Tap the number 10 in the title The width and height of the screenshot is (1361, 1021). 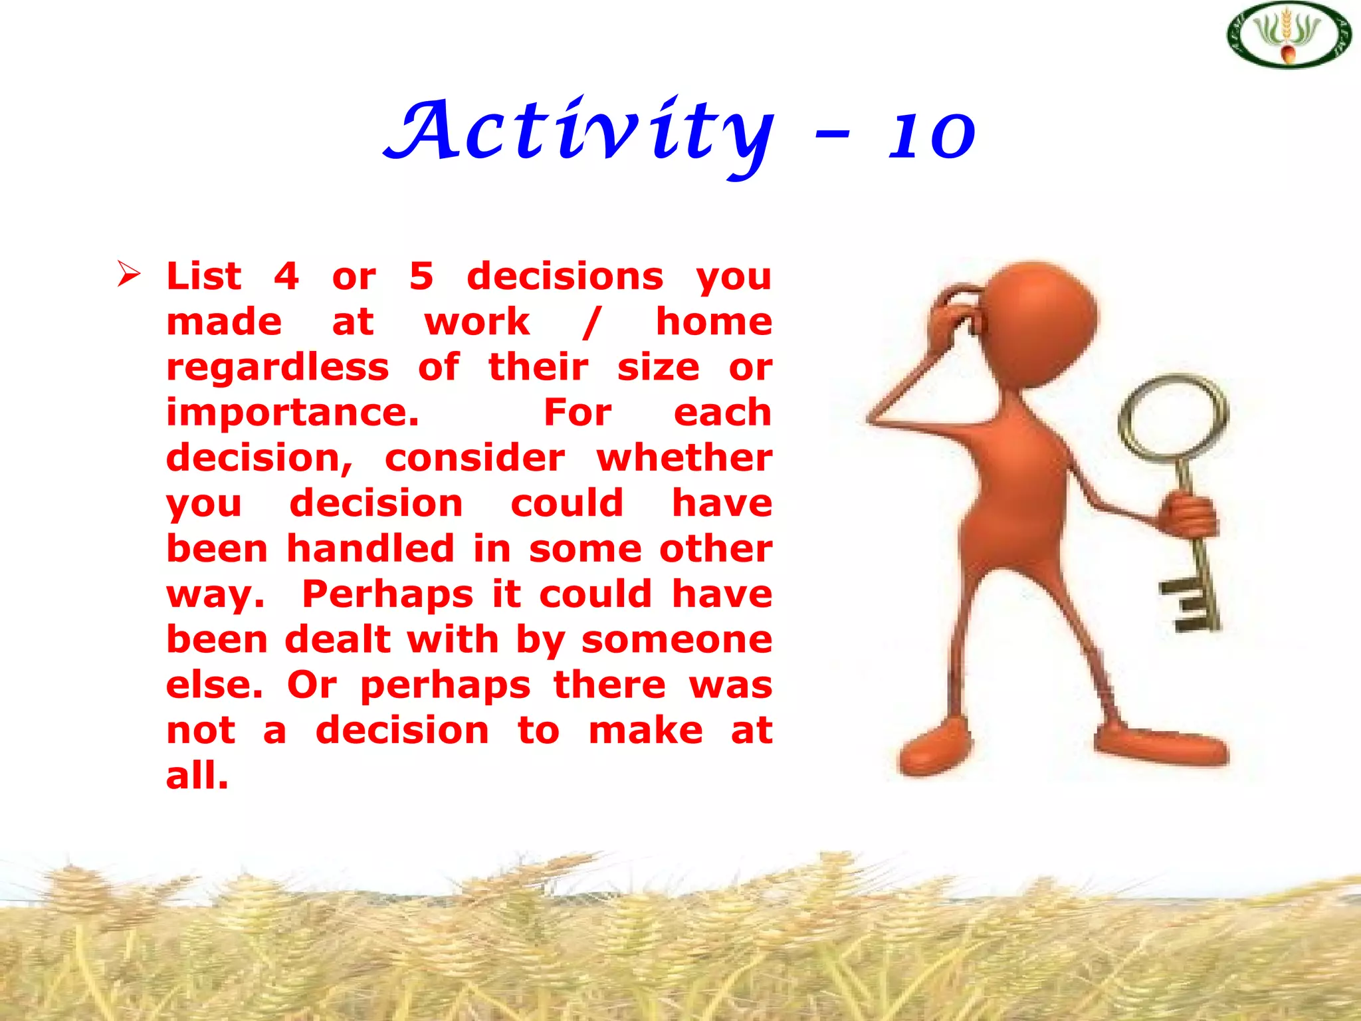[x=932, y=136]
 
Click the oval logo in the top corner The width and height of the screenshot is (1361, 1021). [x=1289, y=35]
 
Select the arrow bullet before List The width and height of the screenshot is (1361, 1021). [x=128, y=274]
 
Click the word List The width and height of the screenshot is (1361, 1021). [x=203, y=276]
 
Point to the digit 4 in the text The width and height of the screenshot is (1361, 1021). [x=286, y=276]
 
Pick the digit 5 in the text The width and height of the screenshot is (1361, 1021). [x=421, y=276]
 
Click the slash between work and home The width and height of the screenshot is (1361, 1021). [x=591, y=322]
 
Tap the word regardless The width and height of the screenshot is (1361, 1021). [x=277, y=368]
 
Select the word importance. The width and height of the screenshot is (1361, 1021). [x=292, y=413]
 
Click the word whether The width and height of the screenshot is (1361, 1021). [x=684, y=459]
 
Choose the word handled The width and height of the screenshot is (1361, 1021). [x=370, y=549]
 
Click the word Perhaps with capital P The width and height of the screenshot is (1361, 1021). [x=387, y=595]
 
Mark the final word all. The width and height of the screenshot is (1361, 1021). [x=197, y=776]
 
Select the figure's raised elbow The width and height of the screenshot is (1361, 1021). [x=875, y=419]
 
